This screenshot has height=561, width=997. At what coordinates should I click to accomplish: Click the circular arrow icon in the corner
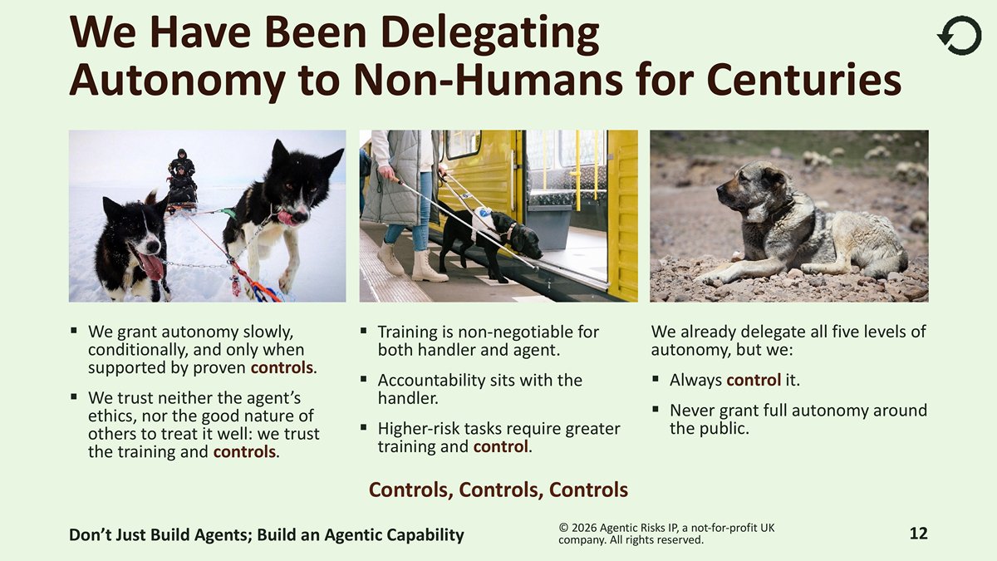[x=960, y=36]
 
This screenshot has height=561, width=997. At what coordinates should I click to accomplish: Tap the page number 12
[x=918, y=534]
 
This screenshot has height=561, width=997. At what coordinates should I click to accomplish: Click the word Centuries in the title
[x=804, y=80]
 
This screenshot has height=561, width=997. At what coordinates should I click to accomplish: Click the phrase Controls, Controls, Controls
[x=498, y=490]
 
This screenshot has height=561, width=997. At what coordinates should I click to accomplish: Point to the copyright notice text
[x=666, y=534]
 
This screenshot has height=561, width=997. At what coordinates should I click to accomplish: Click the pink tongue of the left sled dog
[x=152, y=265]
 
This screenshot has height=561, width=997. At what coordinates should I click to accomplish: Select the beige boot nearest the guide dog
[x=428, y=266]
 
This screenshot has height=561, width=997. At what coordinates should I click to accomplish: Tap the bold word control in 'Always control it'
[x=754, y=381]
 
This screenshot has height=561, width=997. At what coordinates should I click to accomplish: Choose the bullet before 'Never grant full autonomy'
[x=656, y=409]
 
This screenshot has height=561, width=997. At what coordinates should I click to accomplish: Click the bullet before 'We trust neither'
[x=73, y=396]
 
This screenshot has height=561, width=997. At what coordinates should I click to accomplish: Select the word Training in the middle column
[x=408, y=332]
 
